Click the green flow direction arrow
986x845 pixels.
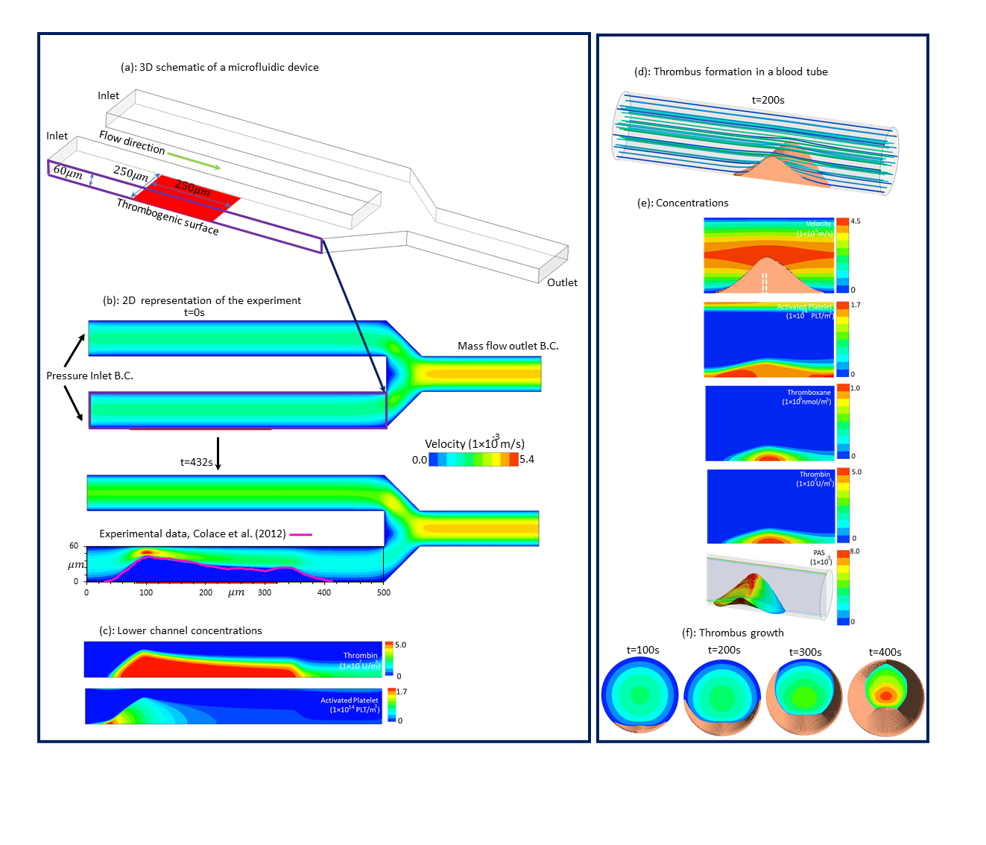click(x=194, y=161)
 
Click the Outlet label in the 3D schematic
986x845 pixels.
click(x=562, y=282)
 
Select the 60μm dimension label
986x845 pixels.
click(x=68, y=173)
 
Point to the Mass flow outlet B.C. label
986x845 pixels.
click(x=508, y=346)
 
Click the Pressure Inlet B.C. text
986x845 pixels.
click(x=89, y=376)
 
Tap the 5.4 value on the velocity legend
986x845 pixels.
click(x=527, y=459)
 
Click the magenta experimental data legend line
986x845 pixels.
click(x=300, y=534)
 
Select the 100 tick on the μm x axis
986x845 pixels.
click(x=146, y=593)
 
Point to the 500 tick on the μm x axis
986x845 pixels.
click(x=384, y=593)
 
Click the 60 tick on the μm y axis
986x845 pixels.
click(x=74, y=546)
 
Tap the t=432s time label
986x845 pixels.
click(x=196, y=462)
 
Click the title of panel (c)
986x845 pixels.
click(x=180, y=630)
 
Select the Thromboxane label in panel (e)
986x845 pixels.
click(x=809, y=393)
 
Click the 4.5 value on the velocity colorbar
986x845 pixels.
click(x=856, y=221)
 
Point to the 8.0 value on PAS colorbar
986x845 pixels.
click(x=855, y=551)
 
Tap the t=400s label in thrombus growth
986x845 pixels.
click(x=885, y=652)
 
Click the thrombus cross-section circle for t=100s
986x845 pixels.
click(x=639, y=695)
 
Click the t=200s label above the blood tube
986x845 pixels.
click(x=768, y=100)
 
